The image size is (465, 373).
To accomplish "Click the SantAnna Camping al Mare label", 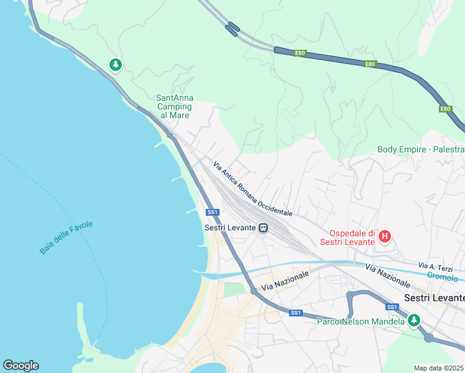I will point(174,106).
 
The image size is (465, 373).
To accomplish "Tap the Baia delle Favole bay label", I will point(66,237).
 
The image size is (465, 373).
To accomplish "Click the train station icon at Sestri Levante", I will point(264,228).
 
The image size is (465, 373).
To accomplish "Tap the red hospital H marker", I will point(385,236).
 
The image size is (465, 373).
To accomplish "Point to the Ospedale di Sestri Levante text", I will point(348,236).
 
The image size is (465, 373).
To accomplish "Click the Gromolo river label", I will point(443,278).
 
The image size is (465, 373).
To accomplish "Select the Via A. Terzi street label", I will point(435,266).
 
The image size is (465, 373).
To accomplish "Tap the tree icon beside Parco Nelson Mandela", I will point(413,320).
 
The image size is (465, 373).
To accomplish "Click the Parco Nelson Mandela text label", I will point(361,321).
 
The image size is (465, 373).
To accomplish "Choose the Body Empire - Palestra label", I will point(420,149).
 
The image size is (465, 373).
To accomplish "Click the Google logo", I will point(21,366).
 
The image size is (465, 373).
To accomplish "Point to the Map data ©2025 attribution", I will point(438,368).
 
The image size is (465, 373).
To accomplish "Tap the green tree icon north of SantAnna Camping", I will point(115,64).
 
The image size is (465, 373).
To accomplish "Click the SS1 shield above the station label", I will point(213,212).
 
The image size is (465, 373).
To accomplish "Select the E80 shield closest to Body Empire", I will point(445,109).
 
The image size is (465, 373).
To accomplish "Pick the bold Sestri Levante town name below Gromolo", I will point(434,298).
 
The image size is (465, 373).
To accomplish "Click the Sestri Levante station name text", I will point(230,228).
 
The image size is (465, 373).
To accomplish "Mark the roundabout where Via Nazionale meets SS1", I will point(254,290).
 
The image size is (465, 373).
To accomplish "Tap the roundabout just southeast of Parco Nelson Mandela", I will point(428,338).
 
